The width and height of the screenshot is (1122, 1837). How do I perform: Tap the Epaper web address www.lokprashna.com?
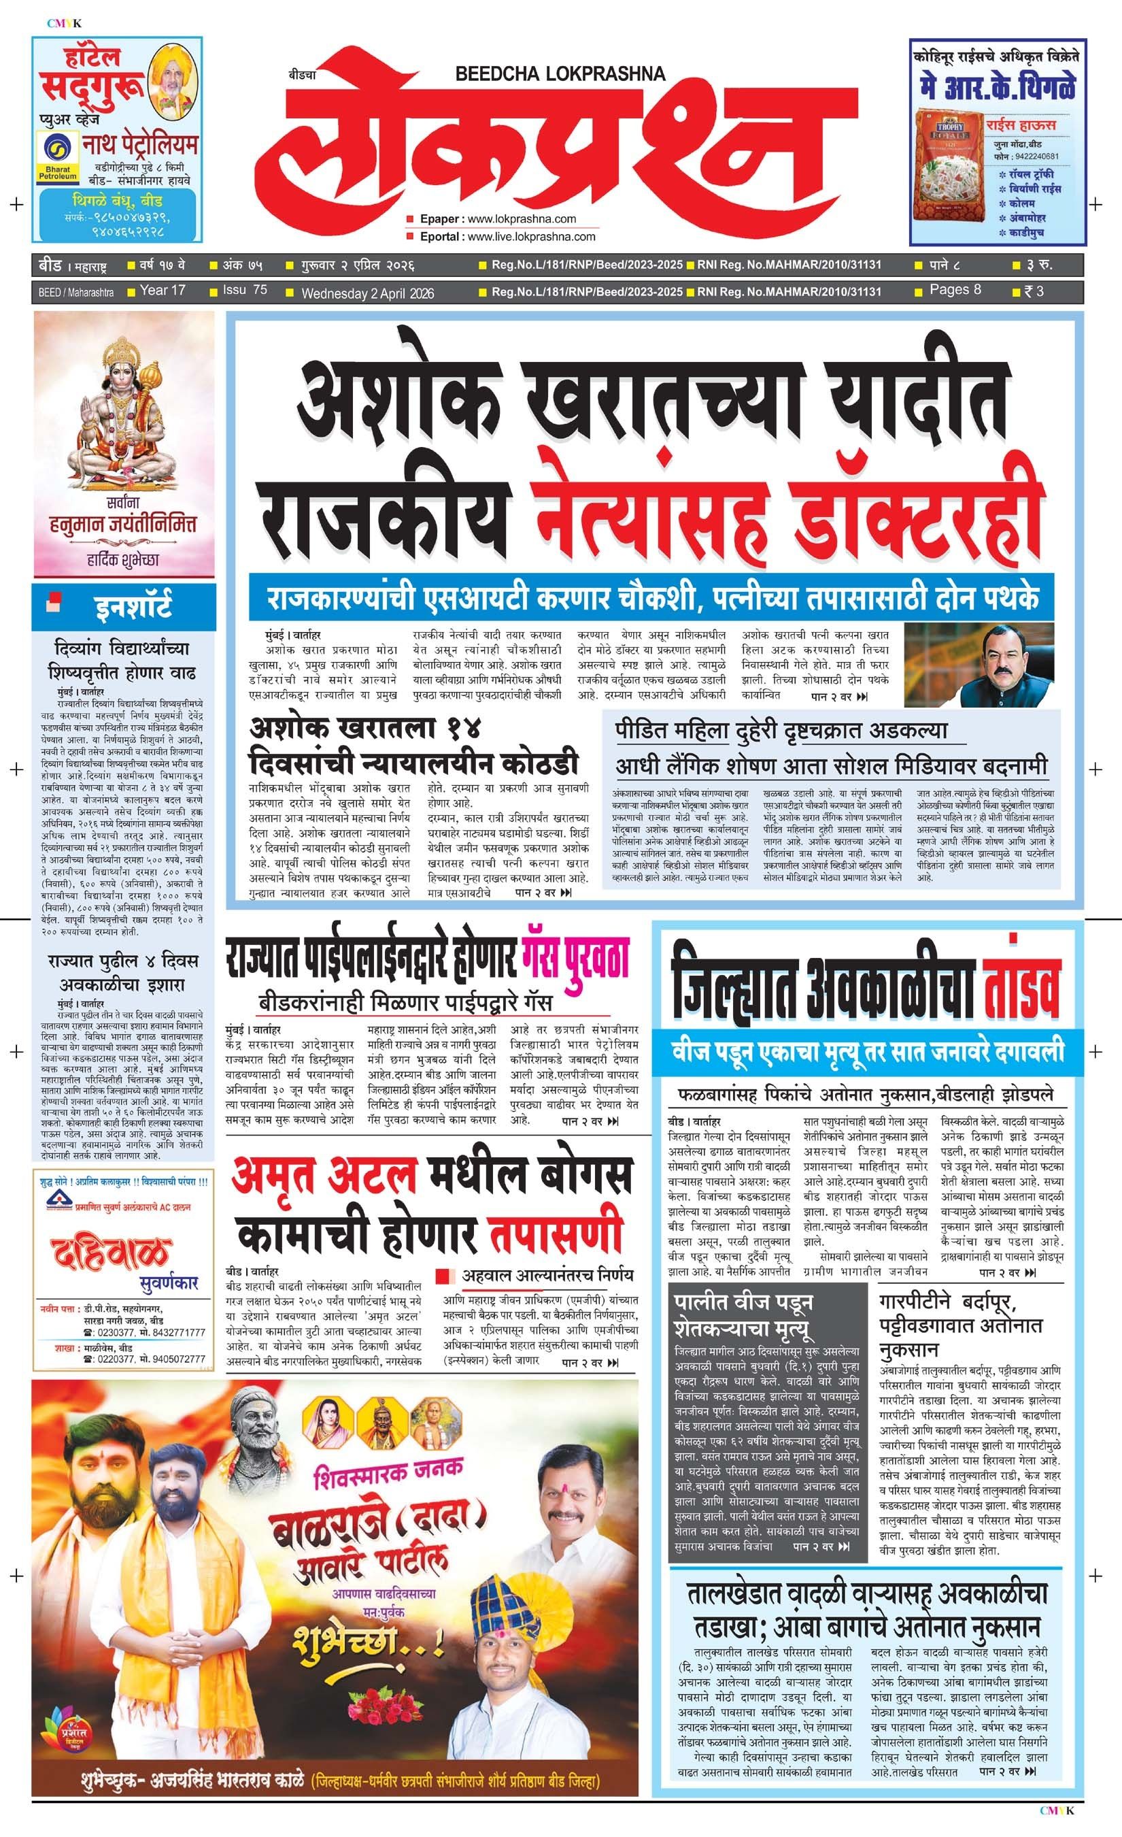[x=522, y=219]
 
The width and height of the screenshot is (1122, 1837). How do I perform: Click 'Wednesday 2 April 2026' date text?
[x=367, y=293]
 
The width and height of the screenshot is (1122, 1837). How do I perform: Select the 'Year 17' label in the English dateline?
[x=163, y=290]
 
